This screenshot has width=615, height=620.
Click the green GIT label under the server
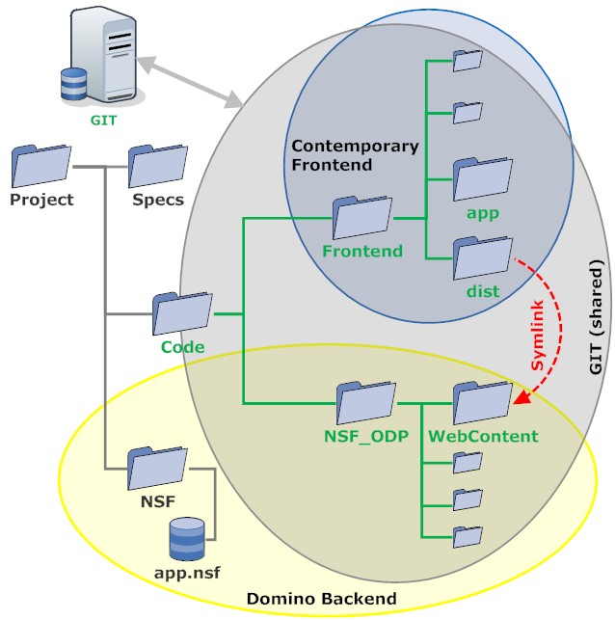click(104, 121)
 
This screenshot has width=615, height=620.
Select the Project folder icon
click(41, 166)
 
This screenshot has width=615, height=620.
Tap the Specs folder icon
click(158, 166)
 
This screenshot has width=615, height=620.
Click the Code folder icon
click(181, 313)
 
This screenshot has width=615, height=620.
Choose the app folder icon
click(482, 177)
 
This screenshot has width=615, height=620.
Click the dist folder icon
click(482, 258)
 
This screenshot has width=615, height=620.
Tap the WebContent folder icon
click(482, 403)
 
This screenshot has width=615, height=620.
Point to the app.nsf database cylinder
click(188, 539)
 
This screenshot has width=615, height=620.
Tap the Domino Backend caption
click(321, 600)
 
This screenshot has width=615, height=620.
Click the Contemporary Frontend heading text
click(355, 155)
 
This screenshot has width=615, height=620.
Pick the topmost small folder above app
click(468, 61)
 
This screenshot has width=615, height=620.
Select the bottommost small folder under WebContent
click(468, 536)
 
